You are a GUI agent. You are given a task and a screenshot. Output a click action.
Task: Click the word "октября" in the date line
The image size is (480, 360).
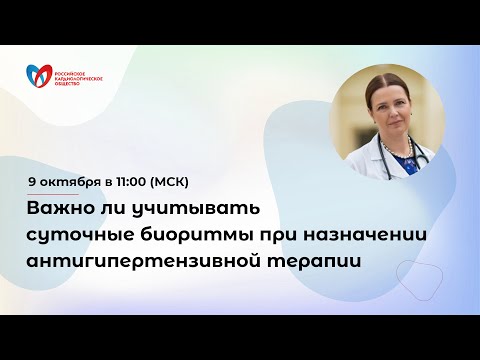73,181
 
